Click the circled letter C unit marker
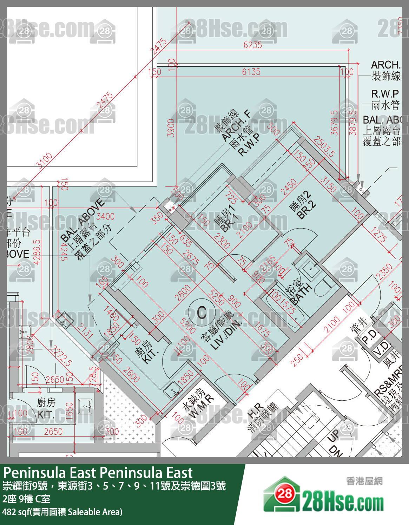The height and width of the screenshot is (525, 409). (x=202, y=312)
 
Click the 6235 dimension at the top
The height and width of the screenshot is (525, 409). (x=252, y=45)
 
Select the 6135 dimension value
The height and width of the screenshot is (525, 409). (x=251, y=72)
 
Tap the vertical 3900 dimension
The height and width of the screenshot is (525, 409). (x=171, y=127)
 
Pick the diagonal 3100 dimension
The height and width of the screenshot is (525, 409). (x=45, y=160)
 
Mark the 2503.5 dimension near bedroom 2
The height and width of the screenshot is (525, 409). (x=324, y=146)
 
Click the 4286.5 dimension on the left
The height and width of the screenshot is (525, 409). (x=37, y=251)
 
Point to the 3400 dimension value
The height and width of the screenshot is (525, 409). (x=105, y=216)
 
